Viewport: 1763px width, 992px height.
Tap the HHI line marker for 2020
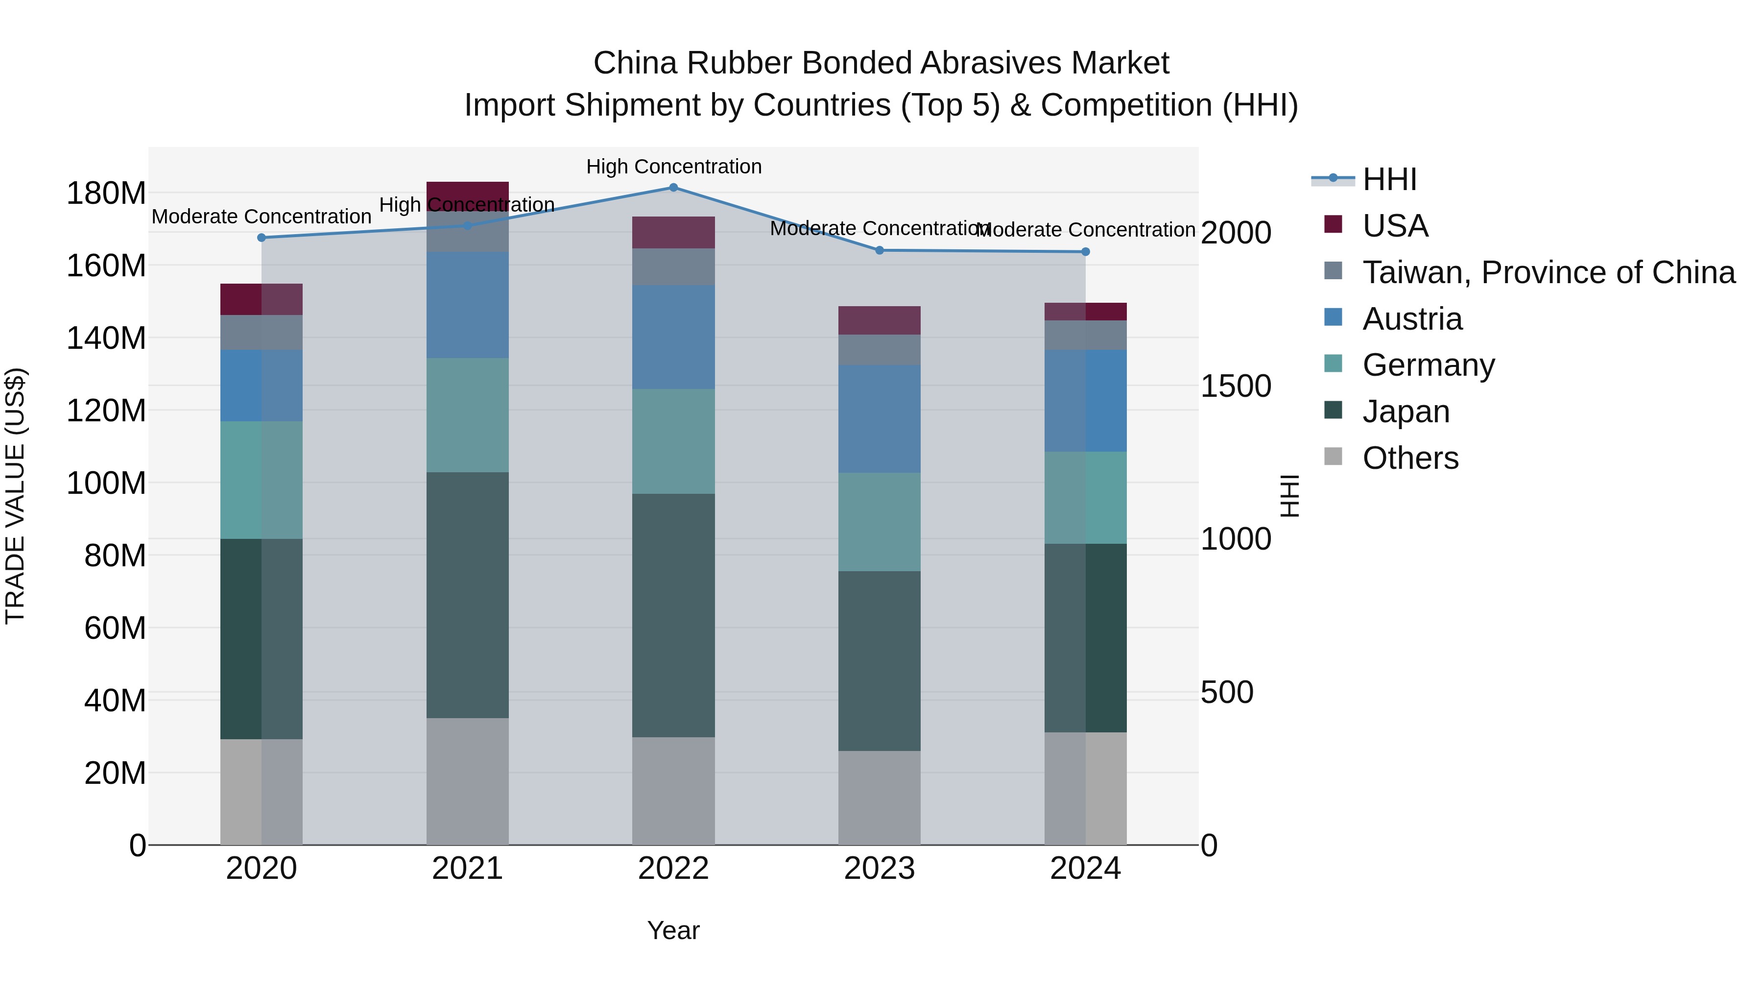(x=262, y=238)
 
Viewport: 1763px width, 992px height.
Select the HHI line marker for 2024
(x=1085, y=252)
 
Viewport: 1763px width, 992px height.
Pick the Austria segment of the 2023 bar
(x=880, y=418)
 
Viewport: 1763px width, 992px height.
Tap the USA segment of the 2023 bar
(x=880, y=320)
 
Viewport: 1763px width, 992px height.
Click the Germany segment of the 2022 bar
(x=673, y=441)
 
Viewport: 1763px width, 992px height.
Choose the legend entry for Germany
(x=1429, y=365)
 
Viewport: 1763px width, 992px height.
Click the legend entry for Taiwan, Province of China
(x=1548, y=272)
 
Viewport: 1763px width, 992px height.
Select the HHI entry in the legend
(x=1389, y=179)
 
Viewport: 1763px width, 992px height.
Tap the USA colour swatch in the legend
(x=1333, y=224)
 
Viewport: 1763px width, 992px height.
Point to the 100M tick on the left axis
(x=106, y=484)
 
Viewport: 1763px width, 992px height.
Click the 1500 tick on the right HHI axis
(x=1236, y=386)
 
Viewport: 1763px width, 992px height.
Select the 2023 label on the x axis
(x=880, y=869)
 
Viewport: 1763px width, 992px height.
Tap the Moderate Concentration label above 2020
(x=262, y=217)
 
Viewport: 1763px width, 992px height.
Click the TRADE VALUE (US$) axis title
(x=15, y=496)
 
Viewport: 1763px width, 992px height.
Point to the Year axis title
(x=673, y=930)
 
